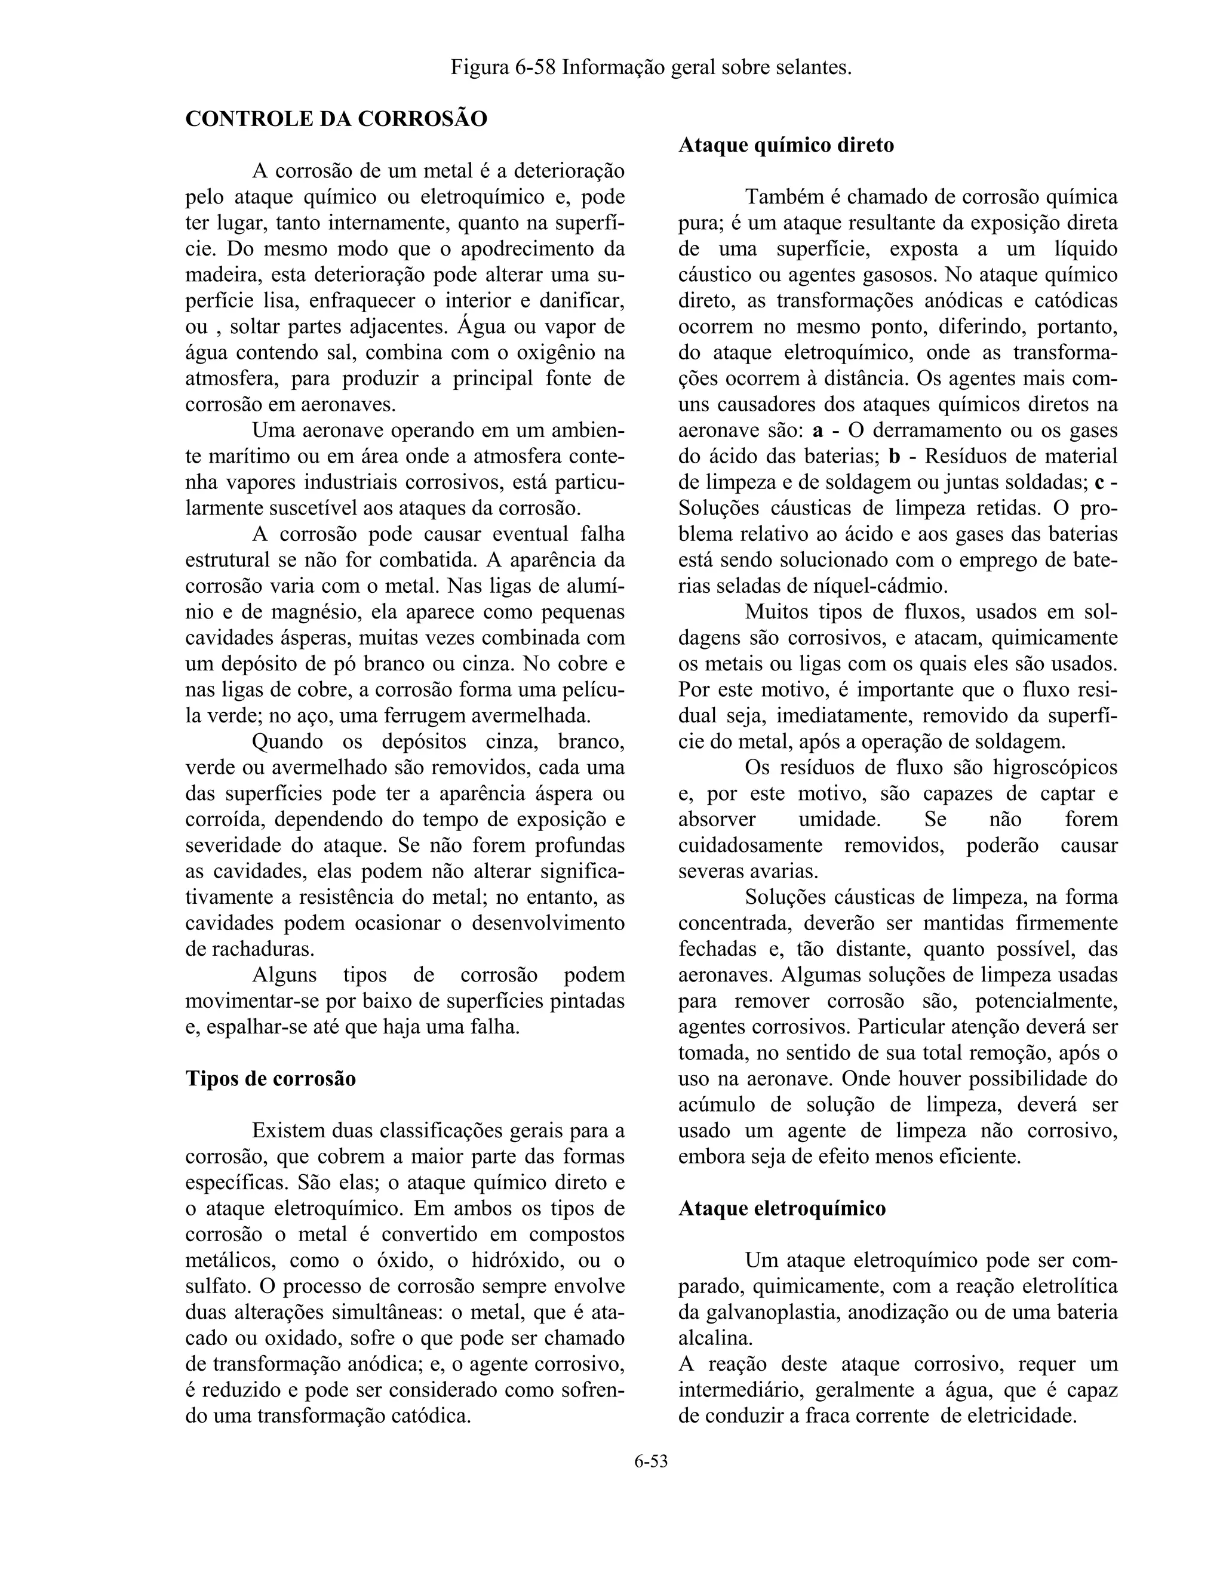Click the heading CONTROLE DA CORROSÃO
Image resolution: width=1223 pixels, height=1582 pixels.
coord(336,119)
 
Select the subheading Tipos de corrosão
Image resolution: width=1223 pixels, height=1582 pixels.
coord(271,1079)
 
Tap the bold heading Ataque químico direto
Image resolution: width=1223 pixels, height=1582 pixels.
coord(786,145)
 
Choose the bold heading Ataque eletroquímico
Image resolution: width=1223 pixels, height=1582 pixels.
coord(782,1208)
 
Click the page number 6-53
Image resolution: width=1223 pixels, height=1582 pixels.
coord(651,1461)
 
